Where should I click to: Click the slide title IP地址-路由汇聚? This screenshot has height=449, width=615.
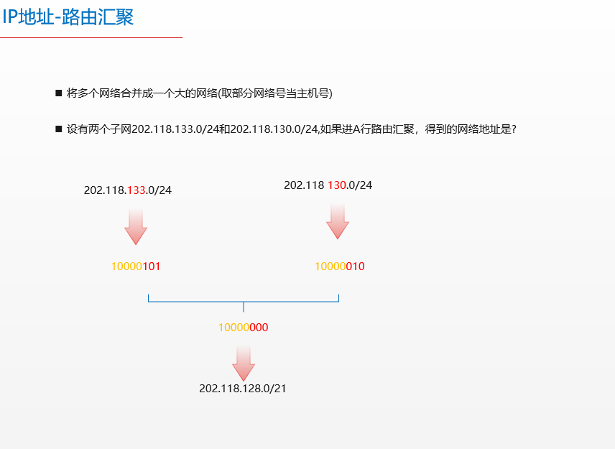point(68,17)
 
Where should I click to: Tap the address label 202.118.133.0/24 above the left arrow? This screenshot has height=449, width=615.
point(128,190)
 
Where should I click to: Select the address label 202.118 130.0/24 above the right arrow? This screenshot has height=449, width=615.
point(328,185)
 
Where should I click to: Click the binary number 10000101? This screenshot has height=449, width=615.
point(136,267)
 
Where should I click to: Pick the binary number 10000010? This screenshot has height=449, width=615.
point(340,267)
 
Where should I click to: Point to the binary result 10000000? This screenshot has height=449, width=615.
point(244,328)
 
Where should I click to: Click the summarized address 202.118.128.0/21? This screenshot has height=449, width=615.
point(243,389)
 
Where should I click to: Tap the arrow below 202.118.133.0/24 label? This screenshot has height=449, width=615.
point(136,227)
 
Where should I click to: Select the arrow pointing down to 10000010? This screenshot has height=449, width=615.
point(338,221)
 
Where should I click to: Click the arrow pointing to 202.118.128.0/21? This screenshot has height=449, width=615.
point(244,364)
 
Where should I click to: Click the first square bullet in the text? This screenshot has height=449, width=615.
point(59,93)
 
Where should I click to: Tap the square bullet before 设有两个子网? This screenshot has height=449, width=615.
point(59,129)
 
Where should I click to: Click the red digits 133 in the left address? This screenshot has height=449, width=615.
point(137,190)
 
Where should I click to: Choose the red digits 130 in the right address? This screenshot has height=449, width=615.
point(337,185)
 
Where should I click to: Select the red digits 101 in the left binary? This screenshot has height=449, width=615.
point(152,267)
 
